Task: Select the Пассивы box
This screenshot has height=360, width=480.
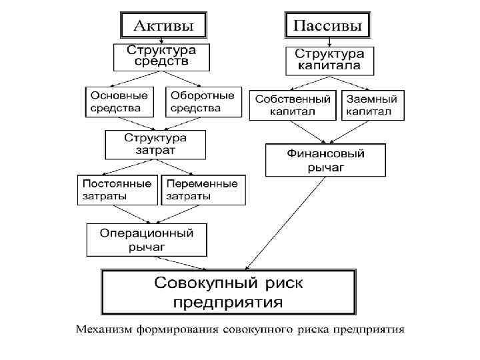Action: tap(328, 26)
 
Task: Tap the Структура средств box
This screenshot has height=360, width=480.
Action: tap(161, 57)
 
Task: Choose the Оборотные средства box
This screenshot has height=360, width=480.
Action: tap(202, 101)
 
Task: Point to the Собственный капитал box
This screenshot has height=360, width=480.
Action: tap(293, 105)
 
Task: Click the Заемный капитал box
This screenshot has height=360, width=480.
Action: tap(372, 105)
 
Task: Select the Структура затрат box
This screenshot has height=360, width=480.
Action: tap(155, 144)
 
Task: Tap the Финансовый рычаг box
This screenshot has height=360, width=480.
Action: tap(325, 161)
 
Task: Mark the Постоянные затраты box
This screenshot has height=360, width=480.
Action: tap(117, 189)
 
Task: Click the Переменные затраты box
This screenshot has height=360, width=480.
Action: tap(202, 189)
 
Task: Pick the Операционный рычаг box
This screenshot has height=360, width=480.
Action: tap(146, 240)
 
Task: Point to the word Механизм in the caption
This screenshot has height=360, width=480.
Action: tap(101, 329)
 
